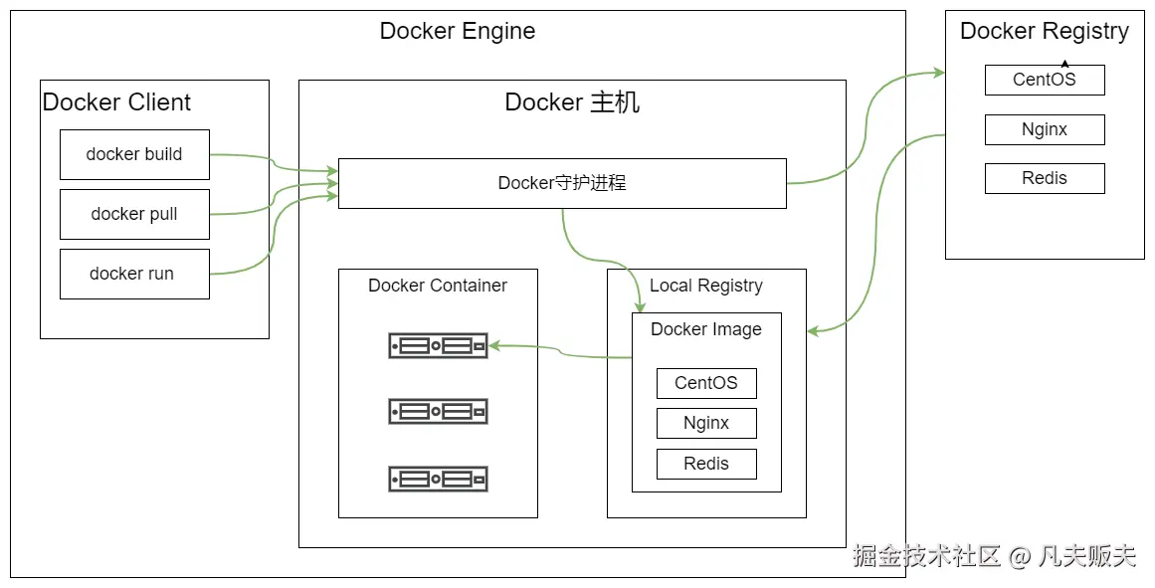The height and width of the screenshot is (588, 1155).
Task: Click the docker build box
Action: tap(134, 154)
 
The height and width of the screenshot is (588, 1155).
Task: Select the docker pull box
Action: tap(134, 214)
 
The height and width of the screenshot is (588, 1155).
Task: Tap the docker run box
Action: tap(134, 274)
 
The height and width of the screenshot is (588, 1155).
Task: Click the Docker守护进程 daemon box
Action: tap(562, 183)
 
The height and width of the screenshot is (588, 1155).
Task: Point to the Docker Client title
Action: tap(116, 101)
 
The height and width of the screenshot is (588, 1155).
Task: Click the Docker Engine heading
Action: tap(458, 31)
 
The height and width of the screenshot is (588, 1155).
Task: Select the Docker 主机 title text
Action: tap(572, 102)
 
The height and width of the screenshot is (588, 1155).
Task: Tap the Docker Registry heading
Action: tap(1045, 31)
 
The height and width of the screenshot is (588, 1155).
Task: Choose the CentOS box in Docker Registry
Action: tap(1045, 80)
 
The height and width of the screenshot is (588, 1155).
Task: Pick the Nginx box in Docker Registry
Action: tap(1045, 129)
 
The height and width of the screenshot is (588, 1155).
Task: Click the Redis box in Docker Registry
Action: tap(1045, 178)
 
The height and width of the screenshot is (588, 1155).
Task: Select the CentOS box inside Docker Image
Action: tap(706, 383)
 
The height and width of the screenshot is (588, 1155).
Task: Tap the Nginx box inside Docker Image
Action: tap(706, 423)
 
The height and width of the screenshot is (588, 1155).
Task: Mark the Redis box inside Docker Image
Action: tap(706, 464)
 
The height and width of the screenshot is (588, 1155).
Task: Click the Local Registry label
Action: tap(706, 286)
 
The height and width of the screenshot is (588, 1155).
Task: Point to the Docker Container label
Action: tap(438, 286)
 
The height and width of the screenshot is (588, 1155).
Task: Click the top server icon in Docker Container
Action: tap(438, 345)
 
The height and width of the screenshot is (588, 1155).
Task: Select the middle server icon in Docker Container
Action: tap(438, 411)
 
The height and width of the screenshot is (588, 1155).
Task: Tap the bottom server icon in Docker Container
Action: tap(438, 479)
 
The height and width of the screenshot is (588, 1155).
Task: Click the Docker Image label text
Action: tap(706, 329)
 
